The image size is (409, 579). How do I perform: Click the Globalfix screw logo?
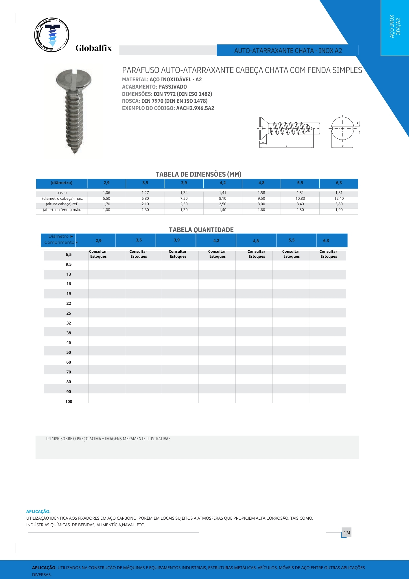[x=52, y=35]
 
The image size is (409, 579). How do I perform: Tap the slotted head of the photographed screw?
[x=73, y=78]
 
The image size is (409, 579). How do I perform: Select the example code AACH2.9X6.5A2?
[x=195, y=108]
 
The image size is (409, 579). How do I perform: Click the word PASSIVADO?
[x=172, y=87]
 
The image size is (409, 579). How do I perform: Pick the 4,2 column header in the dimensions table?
[x=222, y=183]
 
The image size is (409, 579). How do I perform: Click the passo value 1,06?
[x=106, y=193]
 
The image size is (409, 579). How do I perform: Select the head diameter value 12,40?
[x=339, y=199]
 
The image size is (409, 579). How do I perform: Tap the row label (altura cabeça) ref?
[x=62, y=204]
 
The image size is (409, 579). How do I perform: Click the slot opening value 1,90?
[x=339, y=210]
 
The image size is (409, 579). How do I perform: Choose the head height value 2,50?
[x=222, y=204]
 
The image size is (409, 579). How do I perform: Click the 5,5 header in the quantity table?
[x=292, y=240]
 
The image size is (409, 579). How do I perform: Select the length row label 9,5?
[x=69, y=265]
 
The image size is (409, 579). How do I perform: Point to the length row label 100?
[x=69, y=402]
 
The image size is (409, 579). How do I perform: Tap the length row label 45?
[x=69, y=343]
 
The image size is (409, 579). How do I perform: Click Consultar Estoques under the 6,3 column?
[x=329, y=254]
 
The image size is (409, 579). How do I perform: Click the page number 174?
[x=347, y=533]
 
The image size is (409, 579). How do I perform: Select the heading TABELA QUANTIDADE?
[x=201, y=230]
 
